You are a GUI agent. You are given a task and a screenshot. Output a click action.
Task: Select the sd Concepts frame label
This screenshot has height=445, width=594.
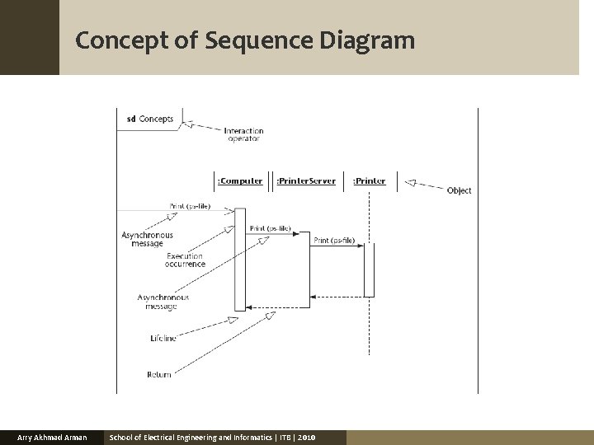149,119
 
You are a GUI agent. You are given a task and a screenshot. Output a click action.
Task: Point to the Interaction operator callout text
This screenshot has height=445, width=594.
243,134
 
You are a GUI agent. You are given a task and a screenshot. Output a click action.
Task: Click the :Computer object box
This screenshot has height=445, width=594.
239,180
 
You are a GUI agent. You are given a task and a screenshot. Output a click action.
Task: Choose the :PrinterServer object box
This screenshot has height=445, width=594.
305,180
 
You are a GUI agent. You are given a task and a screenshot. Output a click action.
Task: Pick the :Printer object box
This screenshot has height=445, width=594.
369,180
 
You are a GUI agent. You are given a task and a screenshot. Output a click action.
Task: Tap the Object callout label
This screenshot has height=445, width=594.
459,190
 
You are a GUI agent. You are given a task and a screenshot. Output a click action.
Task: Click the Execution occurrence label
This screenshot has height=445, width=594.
184,260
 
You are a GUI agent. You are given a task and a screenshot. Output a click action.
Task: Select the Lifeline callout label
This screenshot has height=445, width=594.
163,339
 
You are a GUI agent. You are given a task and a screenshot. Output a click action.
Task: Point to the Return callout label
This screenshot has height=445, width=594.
158,374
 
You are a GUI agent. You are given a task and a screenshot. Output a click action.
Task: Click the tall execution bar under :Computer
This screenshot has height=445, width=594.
240,259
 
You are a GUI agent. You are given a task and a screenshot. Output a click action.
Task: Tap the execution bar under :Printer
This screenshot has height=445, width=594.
369,269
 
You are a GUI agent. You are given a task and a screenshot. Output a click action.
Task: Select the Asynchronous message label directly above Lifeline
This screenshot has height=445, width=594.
163,302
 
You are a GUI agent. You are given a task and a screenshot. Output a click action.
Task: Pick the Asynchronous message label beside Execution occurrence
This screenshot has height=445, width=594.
147,239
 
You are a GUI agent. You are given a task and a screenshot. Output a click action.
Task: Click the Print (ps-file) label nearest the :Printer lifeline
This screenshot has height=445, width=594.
334,241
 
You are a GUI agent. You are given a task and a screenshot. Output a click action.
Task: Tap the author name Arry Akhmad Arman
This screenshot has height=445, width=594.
52,437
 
